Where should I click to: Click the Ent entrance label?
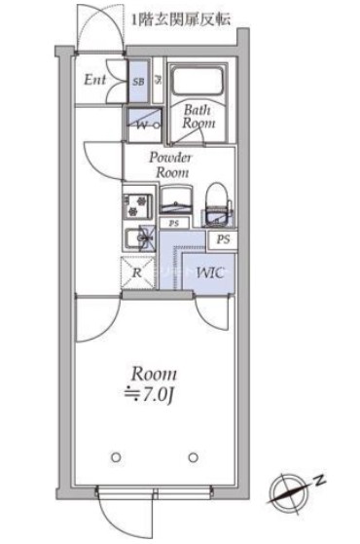(94, 80)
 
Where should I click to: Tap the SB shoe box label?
(138, 82)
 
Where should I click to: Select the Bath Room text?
(198, 117)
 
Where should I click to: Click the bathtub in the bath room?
(198, 81)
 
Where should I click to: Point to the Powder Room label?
(170, 165)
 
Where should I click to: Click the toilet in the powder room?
(216, 204)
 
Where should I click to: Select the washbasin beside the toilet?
(176, 199)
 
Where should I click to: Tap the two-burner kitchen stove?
(137, 206)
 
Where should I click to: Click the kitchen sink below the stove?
(140, 238)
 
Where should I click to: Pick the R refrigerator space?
(138, 272)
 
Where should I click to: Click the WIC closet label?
(210, 272)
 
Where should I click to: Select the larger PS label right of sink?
(223, 239)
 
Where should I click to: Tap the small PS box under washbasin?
(174, 223)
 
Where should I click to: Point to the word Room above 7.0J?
(154, 374)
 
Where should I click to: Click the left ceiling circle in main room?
(116, 457)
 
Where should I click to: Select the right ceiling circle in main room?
(194, 457)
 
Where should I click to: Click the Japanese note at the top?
(181, 19)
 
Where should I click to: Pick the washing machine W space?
(144, 125)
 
